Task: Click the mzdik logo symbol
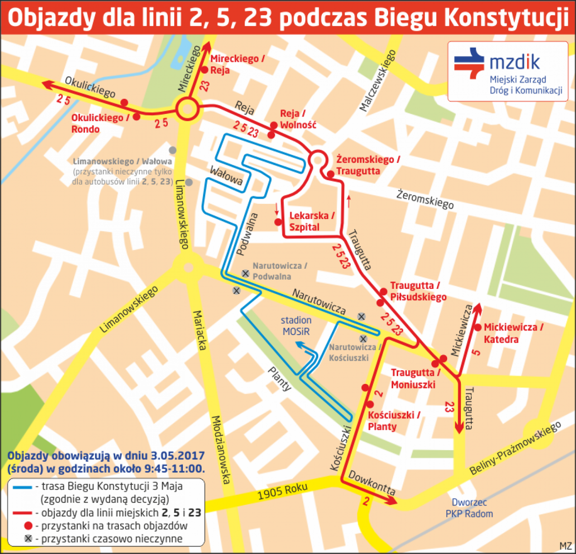(x=469, y=64)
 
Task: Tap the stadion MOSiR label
(x=296, y=326)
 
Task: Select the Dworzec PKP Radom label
(x=469, y=508)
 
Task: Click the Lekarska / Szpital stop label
(x=312, y=222)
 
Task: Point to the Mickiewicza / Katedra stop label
(x=513, y=333)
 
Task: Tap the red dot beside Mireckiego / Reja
(x=205, y=70)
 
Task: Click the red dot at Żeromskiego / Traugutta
(x=330, y=174)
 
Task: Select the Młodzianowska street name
(x=221, y=449)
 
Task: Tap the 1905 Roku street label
(x=282, y=491)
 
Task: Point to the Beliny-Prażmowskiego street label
(x=515, y=448)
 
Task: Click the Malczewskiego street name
(x=377, y=81)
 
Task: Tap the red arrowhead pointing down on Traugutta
(x=459, y=427)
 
